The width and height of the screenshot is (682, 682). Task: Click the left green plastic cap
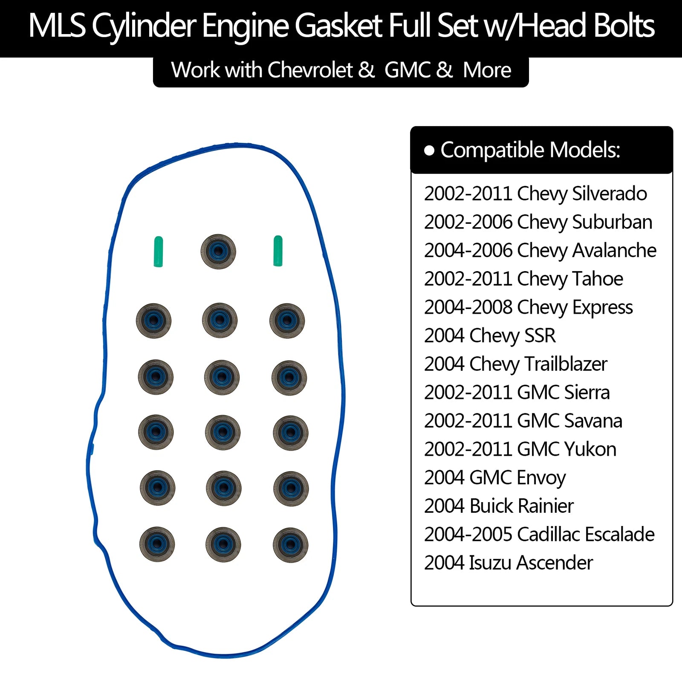pos(158,251)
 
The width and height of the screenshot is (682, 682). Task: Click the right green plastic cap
pos(278,251)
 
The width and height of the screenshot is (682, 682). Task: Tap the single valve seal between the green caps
pos(218,251)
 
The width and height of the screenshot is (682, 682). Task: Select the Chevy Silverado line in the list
pos(535,194)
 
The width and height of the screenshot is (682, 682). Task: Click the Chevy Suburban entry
pos(538,222)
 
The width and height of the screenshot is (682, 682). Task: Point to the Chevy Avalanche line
pos(540,251)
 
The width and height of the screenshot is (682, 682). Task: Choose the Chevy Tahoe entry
pos(523,279)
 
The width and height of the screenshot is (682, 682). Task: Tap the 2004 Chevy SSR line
pos(490,336)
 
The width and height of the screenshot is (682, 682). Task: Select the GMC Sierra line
pos(517,393)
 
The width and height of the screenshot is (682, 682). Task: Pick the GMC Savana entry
pos(523,421)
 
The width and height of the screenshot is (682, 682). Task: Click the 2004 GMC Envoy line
pos(495,478)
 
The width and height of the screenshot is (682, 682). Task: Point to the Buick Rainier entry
pos(499,506)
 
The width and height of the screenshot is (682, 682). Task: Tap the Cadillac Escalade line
pos(539,535)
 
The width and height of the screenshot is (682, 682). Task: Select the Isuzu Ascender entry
pos(508,563)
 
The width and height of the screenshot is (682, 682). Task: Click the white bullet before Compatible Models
pos(429,150)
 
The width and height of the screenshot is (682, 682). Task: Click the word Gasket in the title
pos(339,26)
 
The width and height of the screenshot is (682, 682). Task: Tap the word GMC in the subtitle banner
pos(407,70)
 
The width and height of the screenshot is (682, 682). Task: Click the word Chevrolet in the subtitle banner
pos(310,70)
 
